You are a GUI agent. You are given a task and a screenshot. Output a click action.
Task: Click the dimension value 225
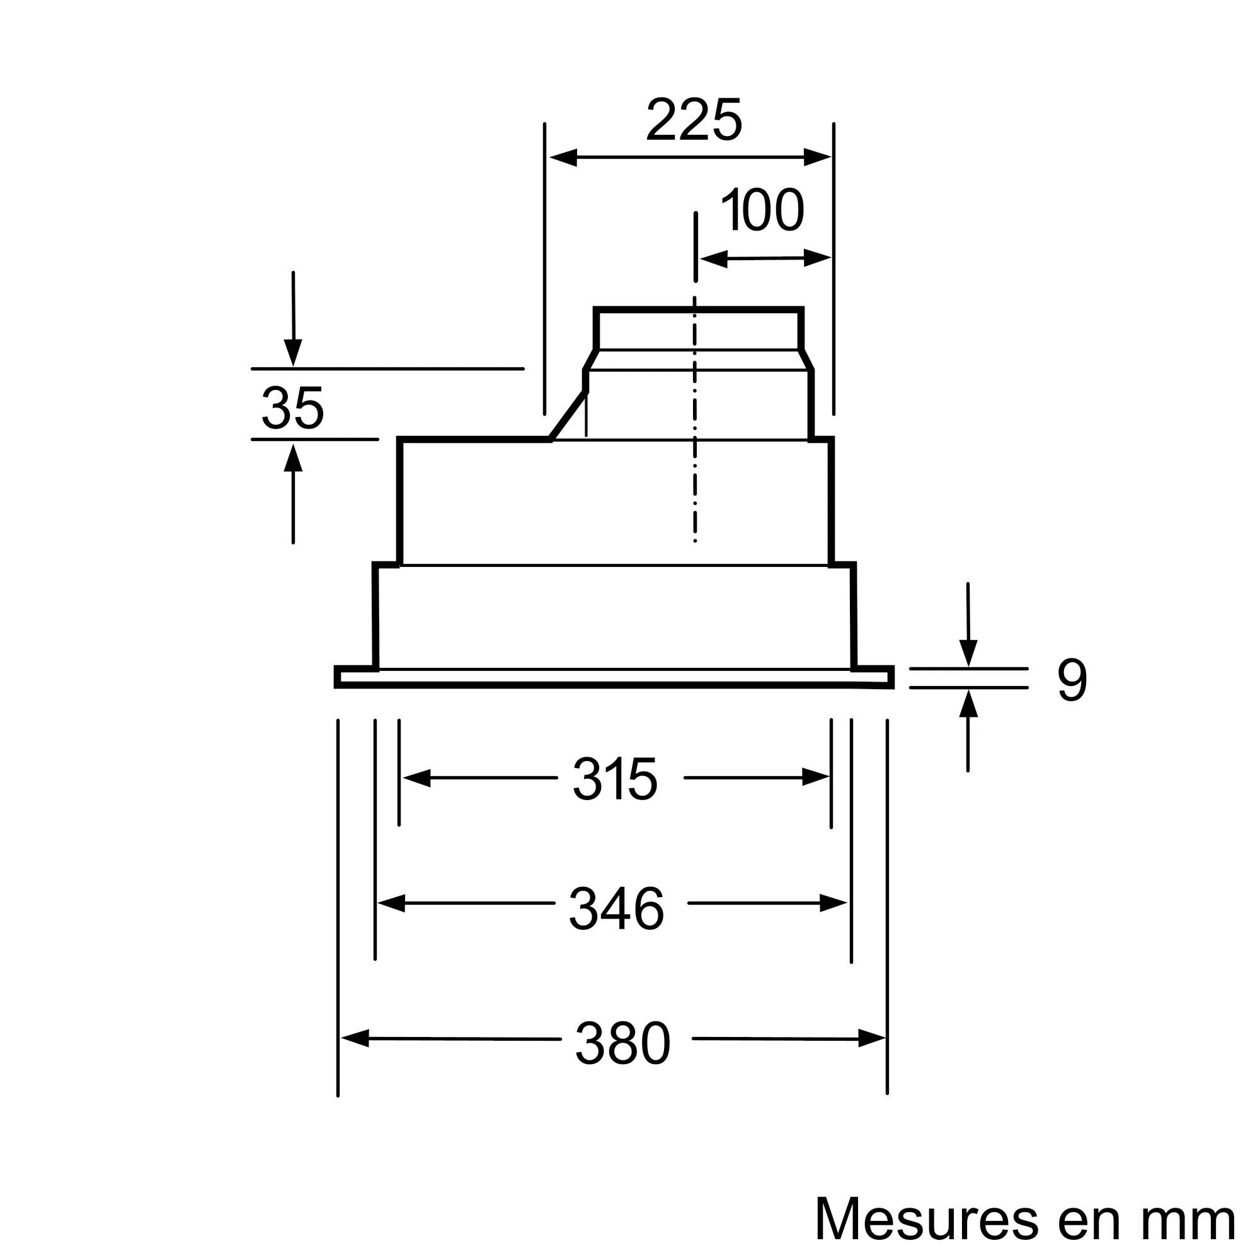point(694,119)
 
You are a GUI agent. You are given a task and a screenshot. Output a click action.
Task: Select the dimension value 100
point(762,209)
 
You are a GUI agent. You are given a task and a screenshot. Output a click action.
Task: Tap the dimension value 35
point(292,408)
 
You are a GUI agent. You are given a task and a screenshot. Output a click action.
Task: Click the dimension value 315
point(615,779)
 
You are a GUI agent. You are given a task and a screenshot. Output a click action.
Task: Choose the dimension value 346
point(616,908)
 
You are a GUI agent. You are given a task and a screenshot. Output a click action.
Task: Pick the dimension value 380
point(622,1043)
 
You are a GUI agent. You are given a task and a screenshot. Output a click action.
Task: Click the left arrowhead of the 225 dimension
point(563,157)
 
